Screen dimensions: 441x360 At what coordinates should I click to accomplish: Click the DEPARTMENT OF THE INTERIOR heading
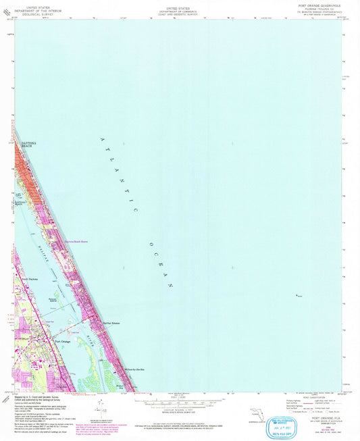pyautogui.click(x=27, y=9)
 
